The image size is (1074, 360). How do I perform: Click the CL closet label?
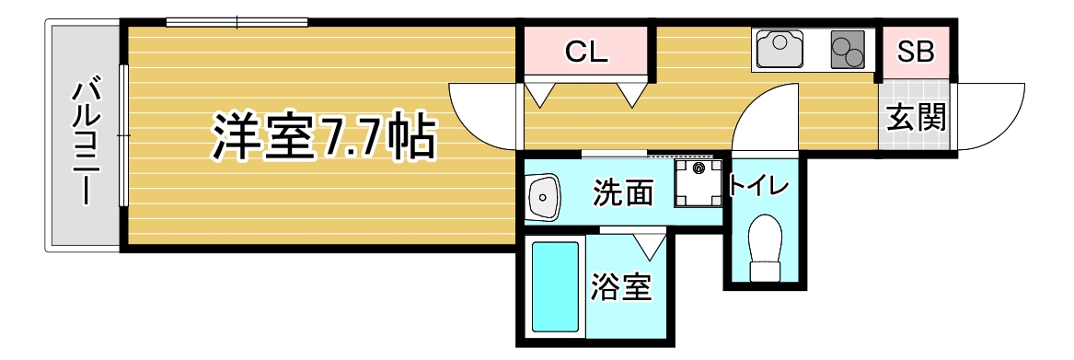(586, 52)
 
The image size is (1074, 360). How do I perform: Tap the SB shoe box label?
(915, 52)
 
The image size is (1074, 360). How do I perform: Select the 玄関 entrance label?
(916, 117)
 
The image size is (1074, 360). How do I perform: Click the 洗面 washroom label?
(622, 193)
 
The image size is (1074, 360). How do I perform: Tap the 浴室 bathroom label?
(621, 288)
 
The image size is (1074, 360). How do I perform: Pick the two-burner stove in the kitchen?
(849, 51)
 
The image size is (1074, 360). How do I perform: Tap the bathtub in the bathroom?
(556, 285)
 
